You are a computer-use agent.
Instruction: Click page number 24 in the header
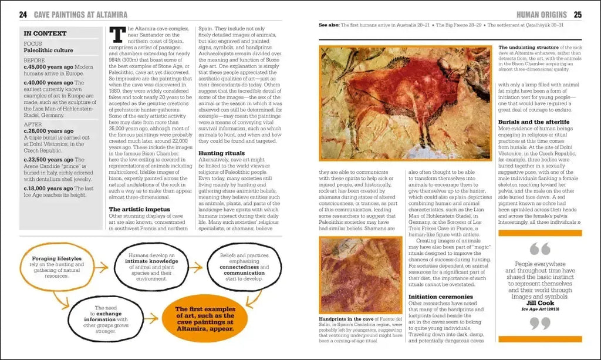(23, 15)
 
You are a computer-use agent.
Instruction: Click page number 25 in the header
(578, 15)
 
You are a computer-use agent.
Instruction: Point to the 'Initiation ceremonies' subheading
(440, 297)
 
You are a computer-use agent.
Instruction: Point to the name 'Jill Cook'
(540, 302)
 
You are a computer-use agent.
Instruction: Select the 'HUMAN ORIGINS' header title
(541, 15)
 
